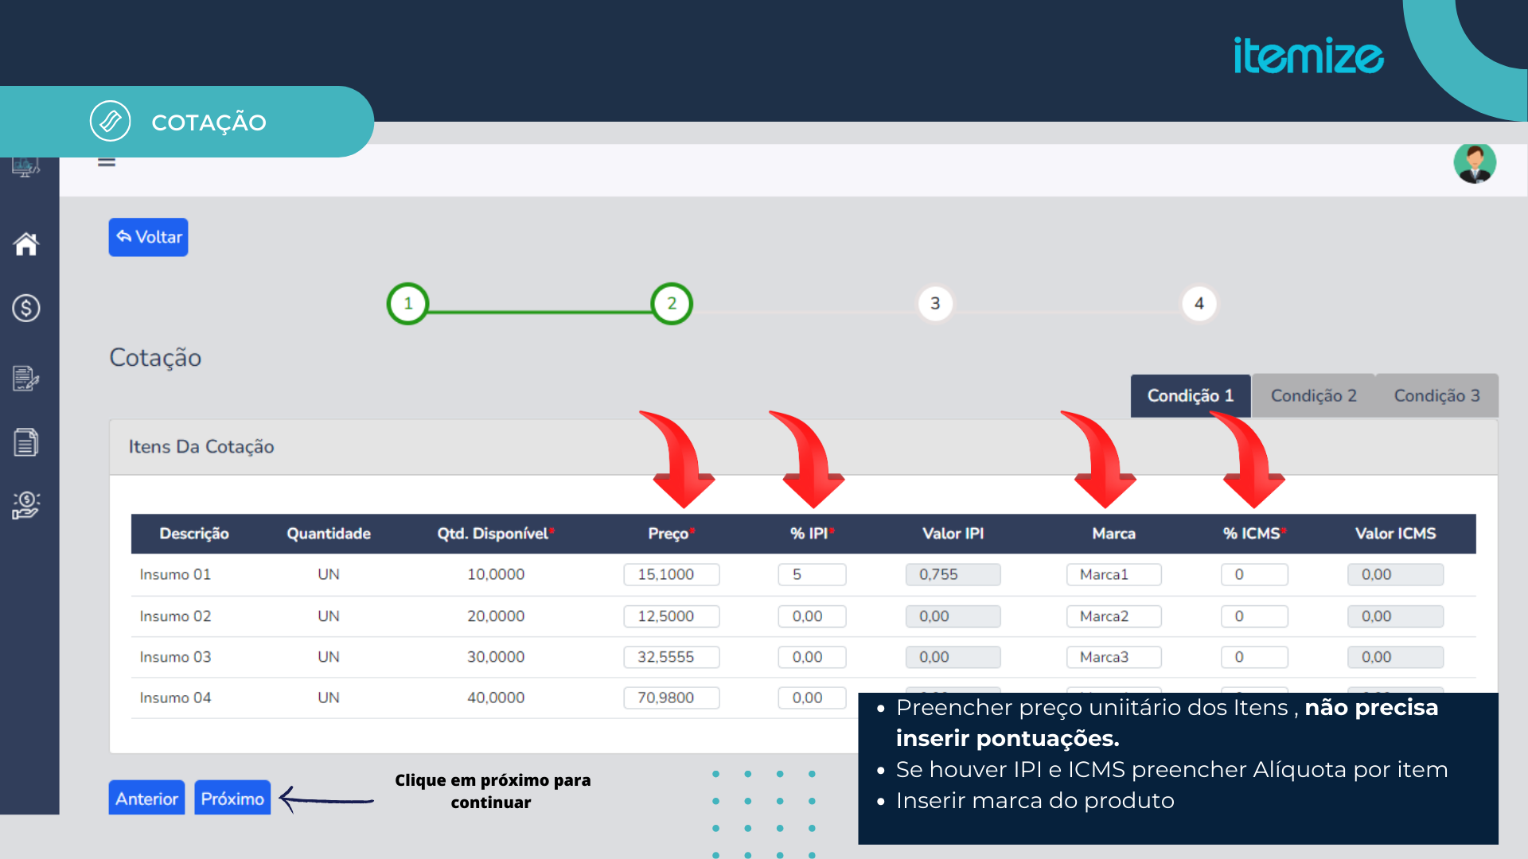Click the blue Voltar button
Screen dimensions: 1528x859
(x=148, y=237)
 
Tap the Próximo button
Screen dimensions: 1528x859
(x=232, y=799)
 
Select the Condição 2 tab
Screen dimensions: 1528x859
(x=1313, y=395)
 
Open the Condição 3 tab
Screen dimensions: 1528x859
(x=1436, y=395)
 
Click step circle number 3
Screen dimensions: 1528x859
(x=935, y=304)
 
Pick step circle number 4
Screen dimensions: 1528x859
(x=1199, y=304)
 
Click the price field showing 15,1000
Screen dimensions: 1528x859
(x=672, y=574)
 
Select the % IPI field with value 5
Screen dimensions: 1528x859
(x=812, y=574)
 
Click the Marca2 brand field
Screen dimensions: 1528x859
(x=1113, y=616)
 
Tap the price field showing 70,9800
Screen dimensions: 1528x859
(x=672, y=698)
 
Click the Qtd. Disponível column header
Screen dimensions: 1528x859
(x=496, y=534)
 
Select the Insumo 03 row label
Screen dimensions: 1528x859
(x=175, y=657)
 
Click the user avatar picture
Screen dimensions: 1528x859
(x=1475, y=163)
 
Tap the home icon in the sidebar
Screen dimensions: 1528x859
(x=26, y=244)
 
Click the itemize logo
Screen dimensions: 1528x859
(x=1308, y=56)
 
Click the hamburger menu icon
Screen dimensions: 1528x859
(x=107, y=161)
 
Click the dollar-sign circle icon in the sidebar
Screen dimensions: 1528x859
(x=26, y=308)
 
